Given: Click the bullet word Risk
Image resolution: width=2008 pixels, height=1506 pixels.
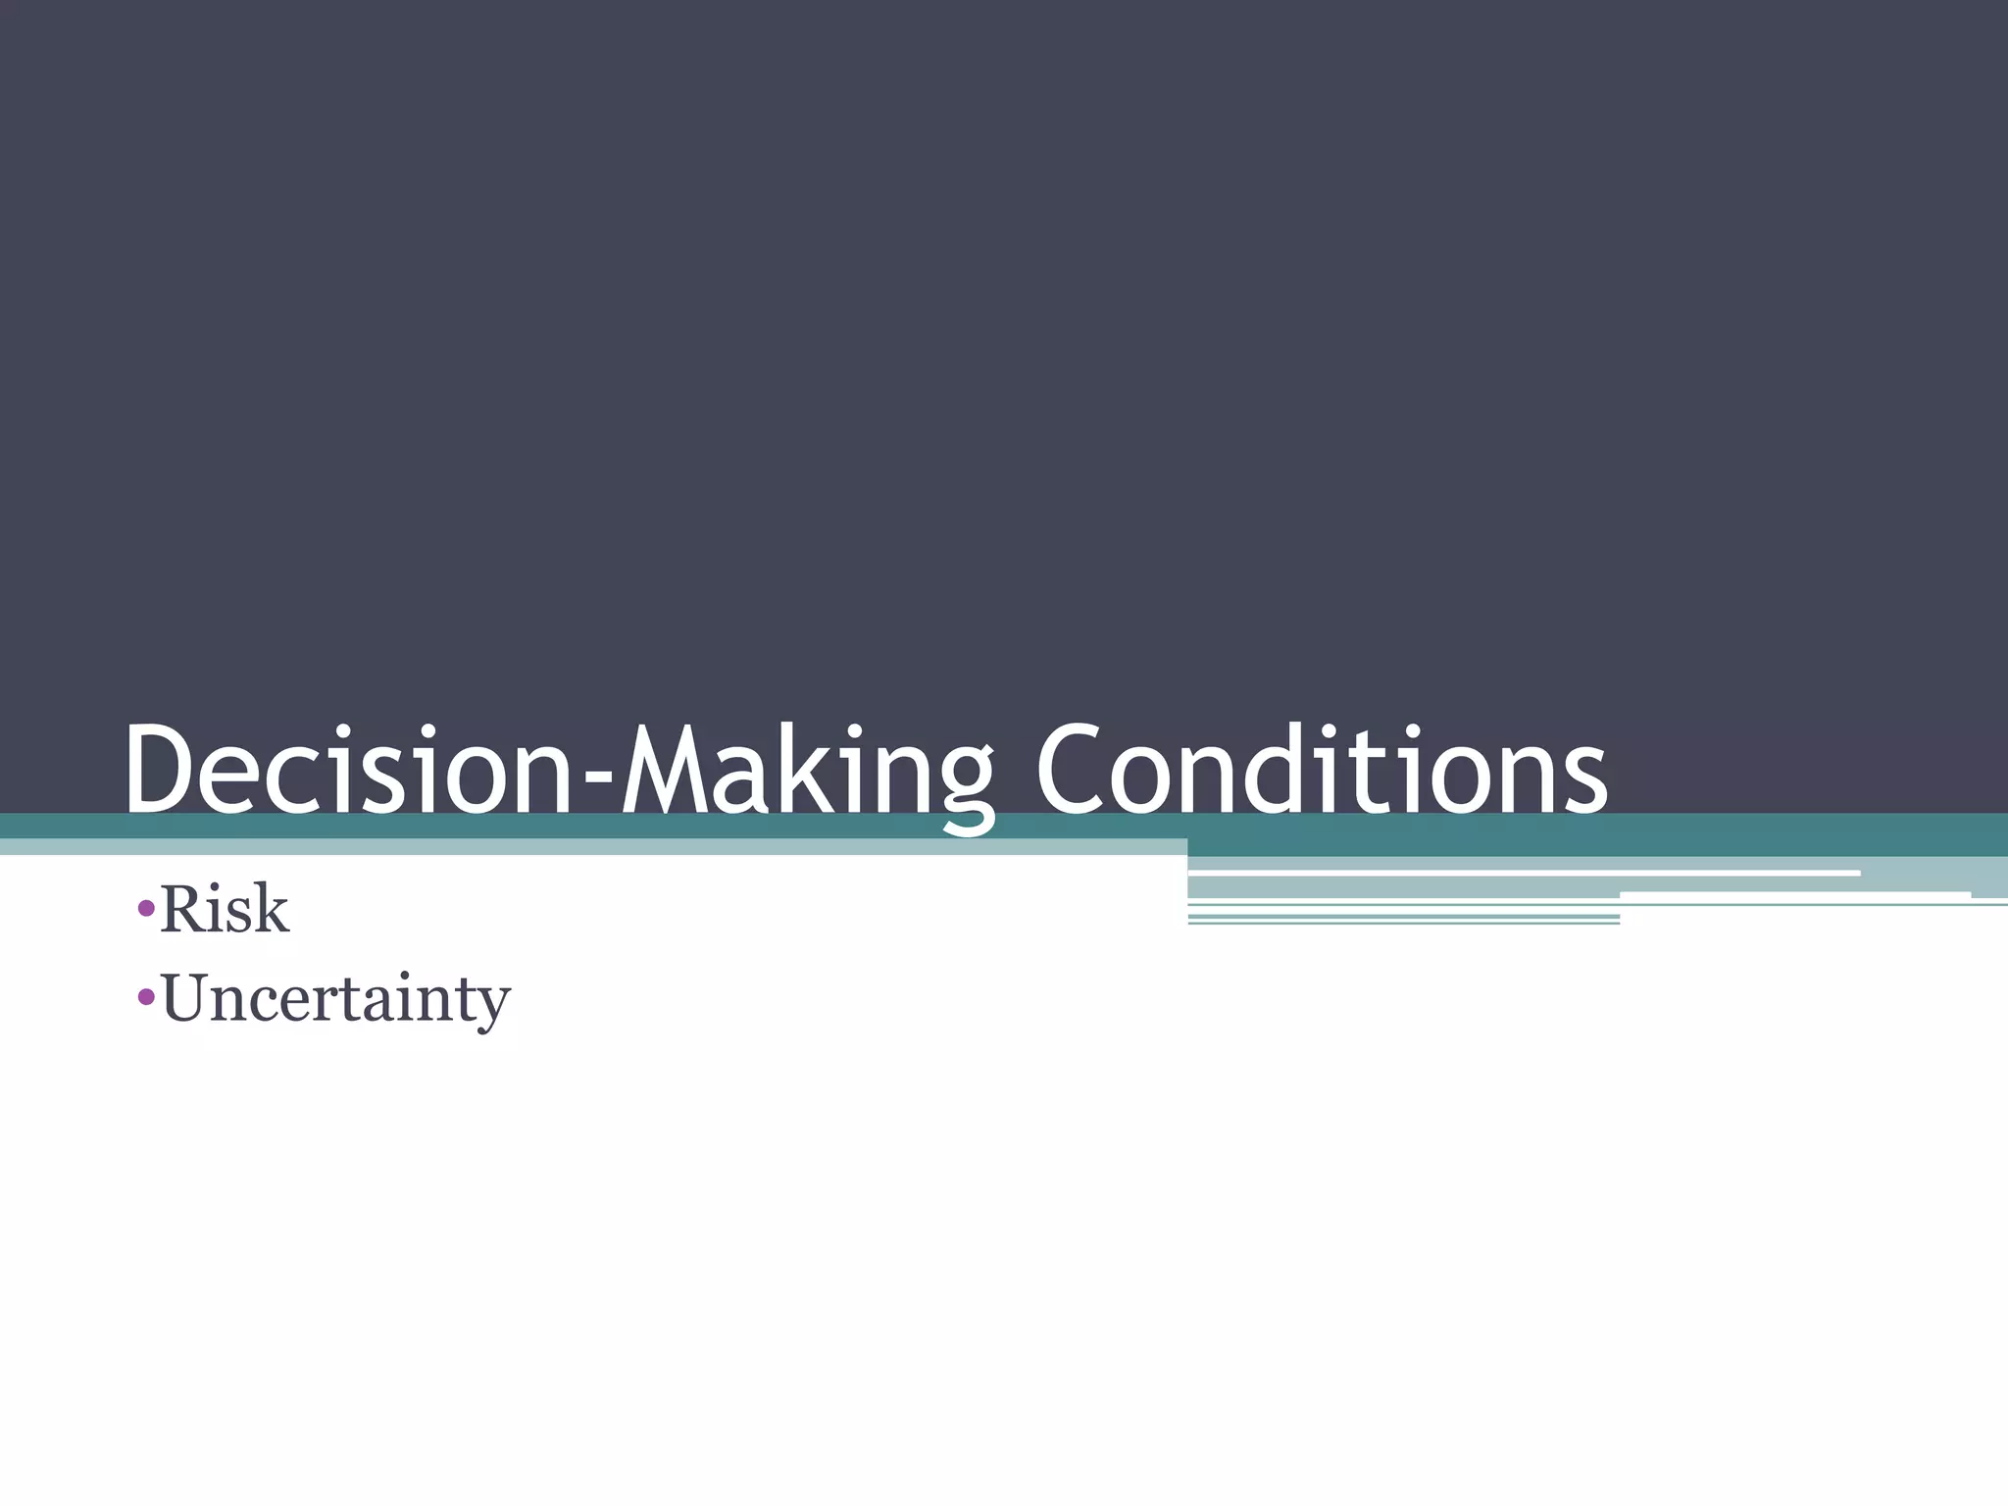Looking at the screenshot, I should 225,910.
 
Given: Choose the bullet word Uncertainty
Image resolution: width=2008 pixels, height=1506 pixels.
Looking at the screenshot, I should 336,999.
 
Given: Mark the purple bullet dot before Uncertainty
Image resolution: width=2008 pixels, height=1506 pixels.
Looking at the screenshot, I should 146,998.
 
